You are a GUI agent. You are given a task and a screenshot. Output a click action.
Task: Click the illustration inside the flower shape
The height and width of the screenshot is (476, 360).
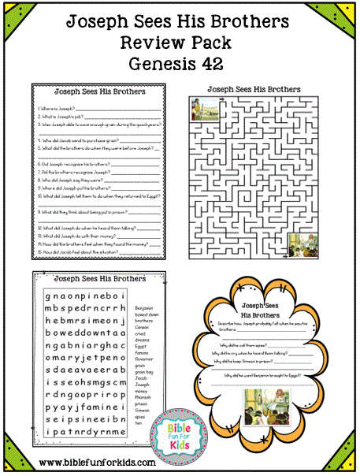(x=261, y=411)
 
